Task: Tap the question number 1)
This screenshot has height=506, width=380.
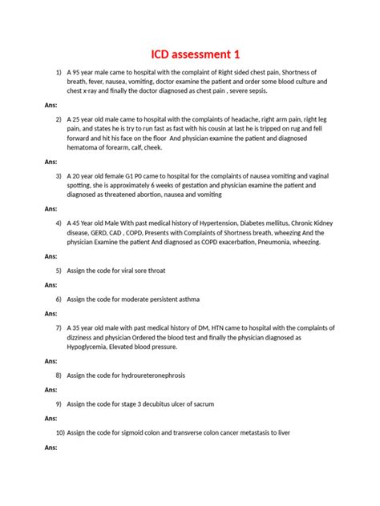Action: point(59,73)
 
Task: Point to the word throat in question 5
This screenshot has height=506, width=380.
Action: point(153,271)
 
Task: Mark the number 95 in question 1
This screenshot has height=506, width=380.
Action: point(76,73)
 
